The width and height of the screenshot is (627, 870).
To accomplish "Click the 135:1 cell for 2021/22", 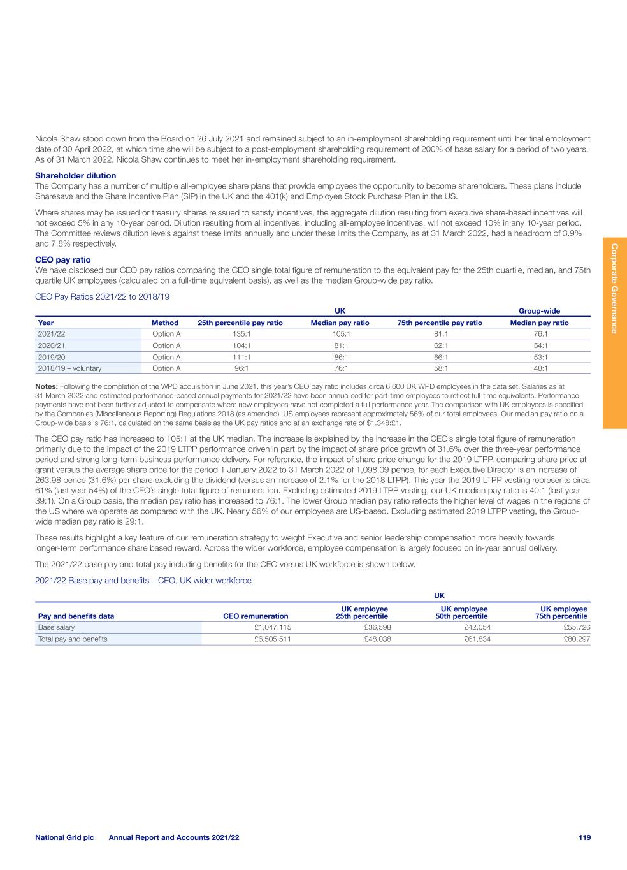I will pos(240,333).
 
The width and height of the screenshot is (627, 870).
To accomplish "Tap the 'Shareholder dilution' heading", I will pos(75,175).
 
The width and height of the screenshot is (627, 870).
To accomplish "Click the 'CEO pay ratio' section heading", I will pos(62,259).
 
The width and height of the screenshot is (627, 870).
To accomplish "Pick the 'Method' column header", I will pos(165,323).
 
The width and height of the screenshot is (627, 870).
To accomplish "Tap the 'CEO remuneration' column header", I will pos(256,616).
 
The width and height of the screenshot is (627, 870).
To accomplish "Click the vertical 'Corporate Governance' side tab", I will pos(614,287).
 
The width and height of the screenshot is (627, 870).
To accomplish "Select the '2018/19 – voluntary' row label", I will pos(69,368).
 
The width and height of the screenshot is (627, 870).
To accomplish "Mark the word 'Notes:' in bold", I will pos(47,386).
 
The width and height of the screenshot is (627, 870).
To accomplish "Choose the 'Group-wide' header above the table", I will pos(539,311).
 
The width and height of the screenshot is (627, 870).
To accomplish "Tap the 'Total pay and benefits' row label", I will pos(73,639).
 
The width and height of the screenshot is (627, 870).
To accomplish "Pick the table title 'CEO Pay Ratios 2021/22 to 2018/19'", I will pos(102,297).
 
